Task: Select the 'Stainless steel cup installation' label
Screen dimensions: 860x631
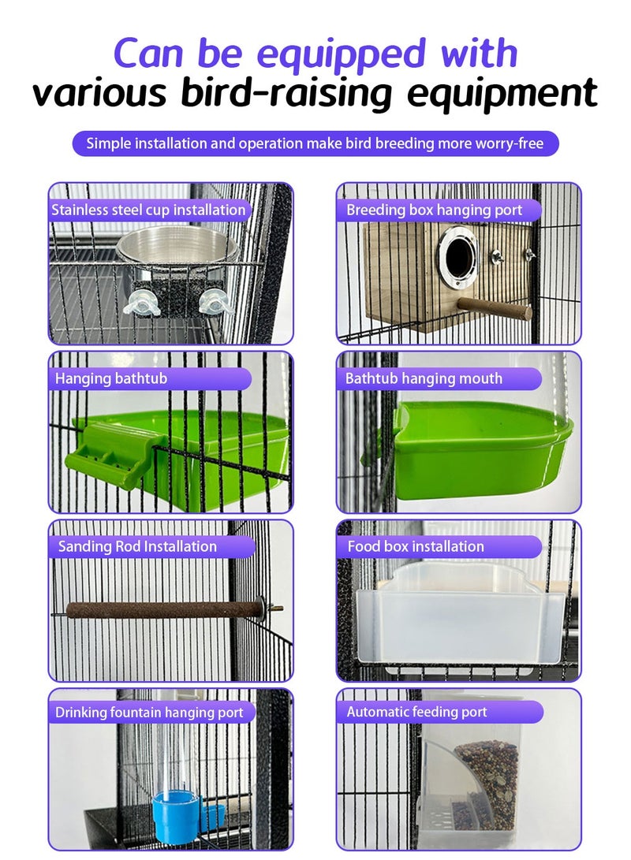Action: click(148, 210)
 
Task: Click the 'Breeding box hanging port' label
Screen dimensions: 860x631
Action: click(435, 210)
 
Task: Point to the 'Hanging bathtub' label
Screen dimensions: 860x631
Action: click(111, 378)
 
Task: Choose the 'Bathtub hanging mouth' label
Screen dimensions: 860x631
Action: click(424, 378)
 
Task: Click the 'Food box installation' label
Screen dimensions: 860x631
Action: click(416, 546)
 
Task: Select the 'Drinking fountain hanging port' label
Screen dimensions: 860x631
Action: click(149, 713)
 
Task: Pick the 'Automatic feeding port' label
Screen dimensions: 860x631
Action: click(417, 713)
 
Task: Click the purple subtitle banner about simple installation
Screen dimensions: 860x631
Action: click(315, 143)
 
